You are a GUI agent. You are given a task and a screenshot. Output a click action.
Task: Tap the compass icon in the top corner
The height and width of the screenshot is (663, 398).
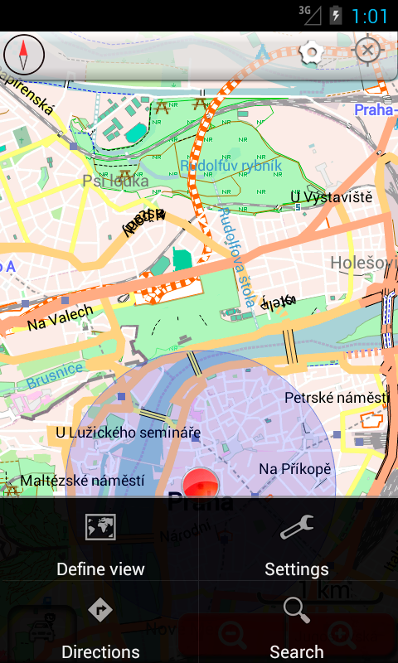[x=24, y=56]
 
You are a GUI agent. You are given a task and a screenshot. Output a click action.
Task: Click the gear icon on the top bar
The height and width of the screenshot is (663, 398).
[x=311, y=53]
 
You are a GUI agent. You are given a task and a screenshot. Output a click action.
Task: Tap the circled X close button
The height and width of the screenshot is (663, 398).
[x=367, y=51]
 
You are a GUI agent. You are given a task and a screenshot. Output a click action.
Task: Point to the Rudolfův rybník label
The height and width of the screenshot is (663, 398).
[x=231, y=166]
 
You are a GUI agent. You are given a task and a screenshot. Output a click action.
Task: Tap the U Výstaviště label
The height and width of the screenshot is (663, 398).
[x=331, y=196]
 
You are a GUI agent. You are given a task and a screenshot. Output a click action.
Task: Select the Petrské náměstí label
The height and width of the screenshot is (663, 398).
[x=336, y=398]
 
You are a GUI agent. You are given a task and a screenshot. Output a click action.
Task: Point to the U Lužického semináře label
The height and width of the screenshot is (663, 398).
[x=128, y=432]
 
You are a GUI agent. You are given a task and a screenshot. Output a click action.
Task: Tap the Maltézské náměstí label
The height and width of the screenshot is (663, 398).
[x=83, y=480]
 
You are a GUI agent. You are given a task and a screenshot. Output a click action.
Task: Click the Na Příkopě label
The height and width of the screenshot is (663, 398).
[x=294, y=469]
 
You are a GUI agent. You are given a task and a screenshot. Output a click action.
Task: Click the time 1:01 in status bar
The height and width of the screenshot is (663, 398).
[x=369, y=16]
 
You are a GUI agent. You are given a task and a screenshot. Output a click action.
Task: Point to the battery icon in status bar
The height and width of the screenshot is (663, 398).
[x=336, y=15]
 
